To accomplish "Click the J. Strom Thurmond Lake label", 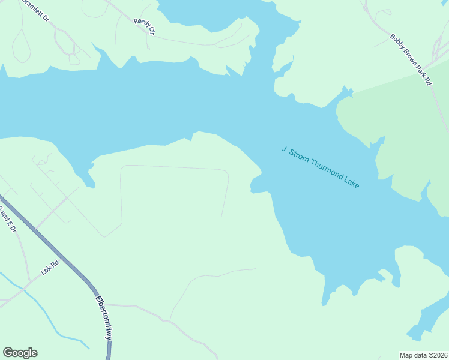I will click(320, 167).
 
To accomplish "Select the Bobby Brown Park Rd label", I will click(411, 59).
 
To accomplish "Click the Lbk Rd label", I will click(50, 266).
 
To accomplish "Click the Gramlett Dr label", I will click(35, 10).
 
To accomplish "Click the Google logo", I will click(20, 353).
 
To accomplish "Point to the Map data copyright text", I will click(423, 355).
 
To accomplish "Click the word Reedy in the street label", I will click(140, 23).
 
